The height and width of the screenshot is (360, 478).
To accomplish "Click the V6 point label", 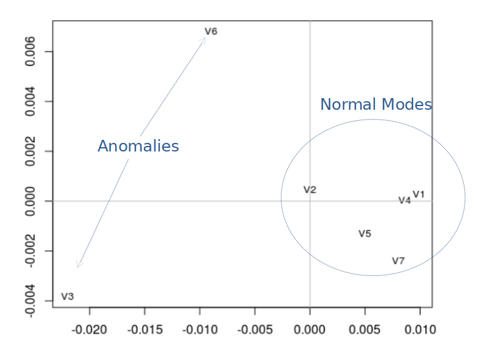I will [x=211, y=31].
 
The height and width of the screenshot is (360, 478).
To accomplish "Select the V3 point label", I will [x=67, y=297].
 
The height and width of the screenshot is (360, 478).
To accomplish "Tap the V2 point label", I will [x=309, y=190].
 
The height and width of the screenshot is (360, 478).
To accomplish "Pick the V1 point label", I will [x=419, y=194].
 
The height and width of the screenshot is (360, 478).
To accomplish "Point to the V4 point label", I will [x=404, y=201].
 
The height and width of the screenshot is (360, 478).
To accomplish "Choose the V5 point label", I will [x=365, y=234].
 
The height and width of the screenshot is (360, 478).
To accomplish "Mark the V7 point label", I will [x=398, y=261].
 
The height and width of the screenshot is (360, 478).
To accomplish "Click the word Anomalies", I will [x=138, y=147].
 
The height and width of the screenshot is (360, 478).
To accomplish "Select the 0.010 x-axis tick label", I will [x=420, y=330].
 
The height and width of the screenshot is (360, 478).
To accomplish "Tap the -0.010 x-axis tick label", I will [x=200, y=330].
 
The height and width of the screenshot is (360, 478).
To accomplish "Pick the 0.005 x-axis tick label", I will [x=365, y=330].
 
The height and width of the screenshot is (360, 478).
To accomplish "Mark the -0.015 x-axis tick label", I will [x=145, y=330].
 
